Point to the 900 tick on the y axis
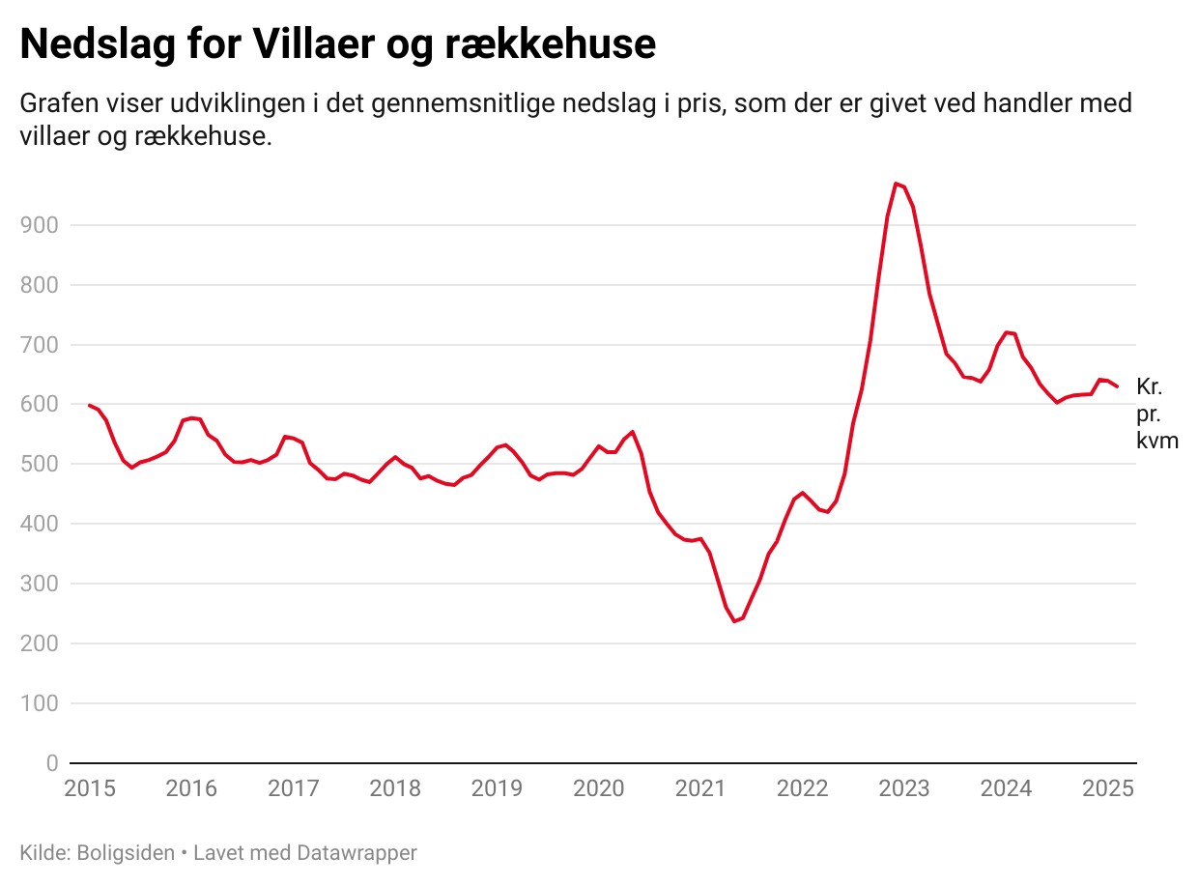pyautogui.click(x=38, y=225)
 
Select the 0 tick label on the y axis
pyautogui.click(x=51, y=763)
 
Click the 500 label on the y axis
pyautogui.click(x=38, y=465)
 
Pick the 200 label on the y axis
pyautogui.click(x=38, y=643)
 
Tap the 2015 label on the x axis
pyautogui.click(x=90, y=788)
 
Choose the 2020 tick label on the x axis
pyautogui.click(x=599, y=788)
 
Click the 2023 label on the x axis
pyautogui.click(x=904, y=788)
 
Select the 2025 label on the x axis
pyautogui.click(x=1107, y=788)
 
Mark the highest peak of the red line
pyautogui.click(x=896, y=183)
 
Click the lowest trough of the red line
pyautogui.click(x=734, y=621)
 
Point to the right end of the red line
pyautogui.click(x=1117, y=386)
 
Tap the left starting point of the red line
pyautogui.click(x=89, y=405)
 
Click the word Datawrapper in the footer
pyautogui.click(x=357, y=853)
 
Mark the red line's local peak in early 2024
pyautogui.click(x=1007, y=332)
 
